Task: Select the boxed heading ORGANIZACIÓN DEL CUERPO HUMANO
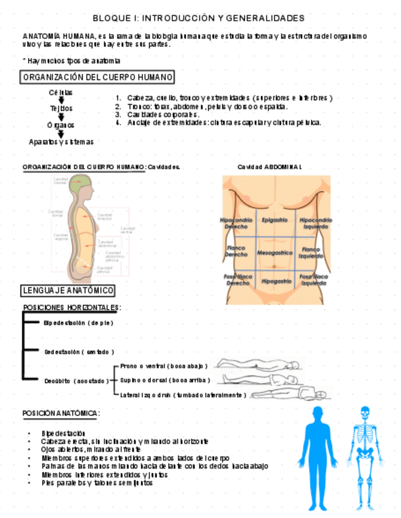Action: pyautogui.click(x=98, y=78)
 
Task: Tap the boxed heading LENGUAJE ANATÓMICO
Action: pyautogui.click(x=67, y=290)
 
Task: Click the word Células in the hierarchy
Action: pyautogui.click(x=61, y=92)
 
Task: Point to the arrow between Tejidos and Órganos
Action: pyautogui.click(x=61, y=117)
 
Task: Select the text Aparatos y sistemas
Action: pyautogui.click(x=61, y=142)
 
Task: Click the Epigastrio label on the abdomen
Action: pyautogui.click(x=271, y=219)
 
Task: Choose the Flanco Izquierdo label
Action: pyautogui.click(x=311, y=252)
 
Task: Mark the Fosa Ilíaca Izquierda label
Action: pyautogui.click(x=313, y=280)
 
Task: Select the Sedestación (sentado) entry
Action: pyautogui.click(x=79, y=352)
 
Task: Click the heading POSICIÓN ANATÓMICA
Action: pyautogui.click(x=61, y=414)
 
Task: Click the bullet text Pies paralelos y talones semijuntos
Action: pyautogui.click(x=97, y=483)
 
